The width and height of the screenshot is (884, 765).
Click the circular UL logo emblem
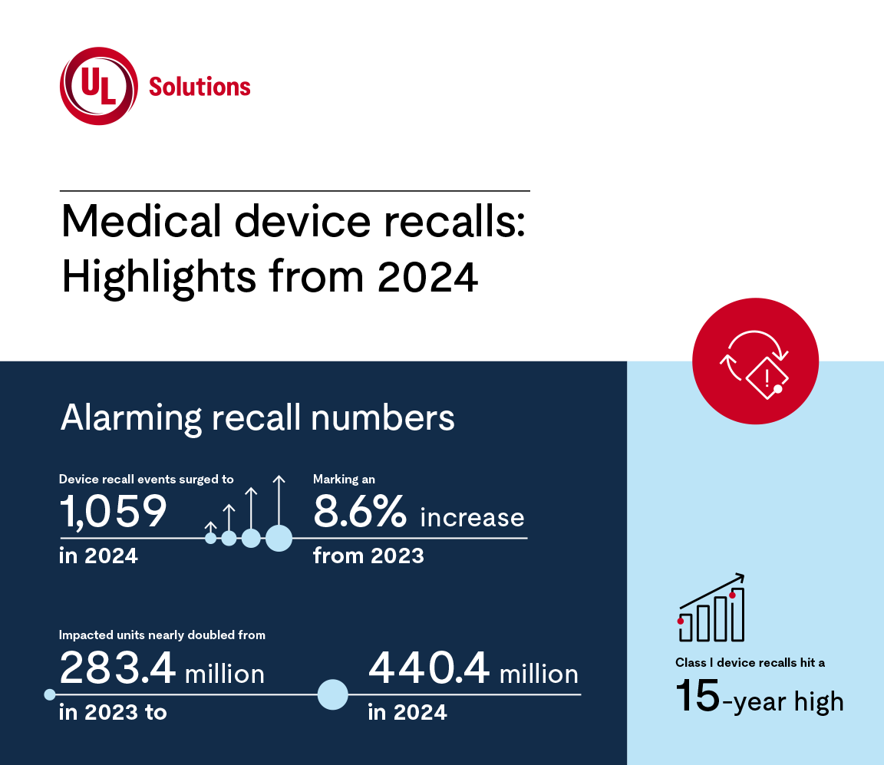[x=98, y=86]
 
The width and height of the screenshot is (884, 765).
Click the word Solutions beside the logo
[x=200, y=87]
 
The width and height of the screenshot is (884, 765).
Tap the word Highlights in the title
[x=159, y=276]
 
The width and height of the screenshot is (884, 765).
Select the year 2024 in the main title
[x=427, y=276]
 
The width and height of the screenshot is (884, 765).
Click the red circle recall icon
[x=755, y=361]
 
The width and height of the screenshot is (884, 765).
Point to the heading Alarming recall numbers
[x=257, y=419]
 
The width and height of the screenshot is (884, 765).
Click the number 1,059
[x=114, y=512]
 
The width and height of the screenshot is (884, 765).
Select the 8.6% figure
[x=360, y=513]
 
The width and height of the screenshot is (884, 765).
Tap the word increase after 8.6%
[x=472, y=517]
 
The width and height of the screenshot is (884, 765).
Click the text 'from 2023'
[x=368, y=555]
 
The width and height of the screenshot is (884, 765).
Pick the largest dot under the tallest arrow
[x=279, y=538]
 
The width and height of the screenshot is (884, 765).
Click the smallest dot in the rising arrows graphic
[x=211, y=538]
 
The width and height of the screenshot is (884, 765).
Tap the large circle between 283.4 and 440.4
[x=333, y=694]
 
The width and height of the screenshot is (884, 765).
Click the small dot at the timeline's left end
[x=50, y=694]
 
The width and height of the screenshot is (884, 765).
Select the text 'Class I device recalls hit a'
[x=750, y=662]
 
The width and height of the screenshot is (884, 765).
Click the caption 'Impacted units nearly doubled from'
[x=162, y=635]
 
